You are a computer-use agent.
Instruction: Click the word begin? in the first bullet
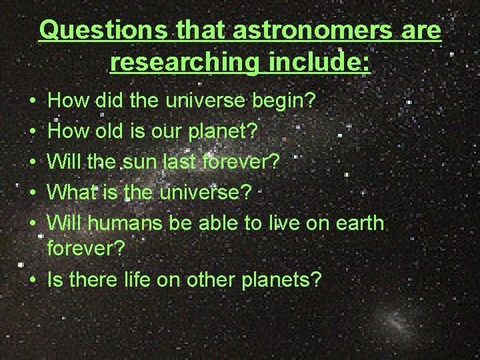pos(288,101)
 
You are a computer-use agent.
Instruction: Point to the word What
pos(73,192)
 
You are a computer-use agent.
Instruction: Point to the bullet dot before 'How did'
pos(33,102)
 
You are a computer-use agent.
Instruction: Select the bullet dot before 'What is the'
pos(33,193)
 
